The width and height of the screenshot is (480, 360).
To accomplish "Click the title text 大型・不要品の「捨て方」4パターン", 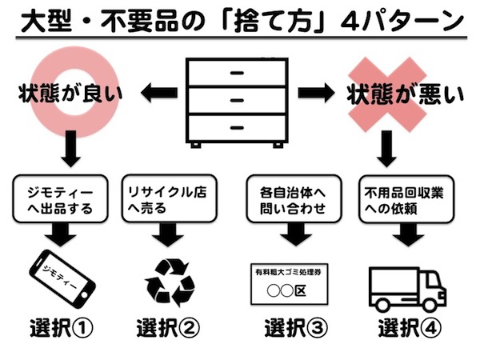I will pyautogui.click(x=240, y=18).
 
